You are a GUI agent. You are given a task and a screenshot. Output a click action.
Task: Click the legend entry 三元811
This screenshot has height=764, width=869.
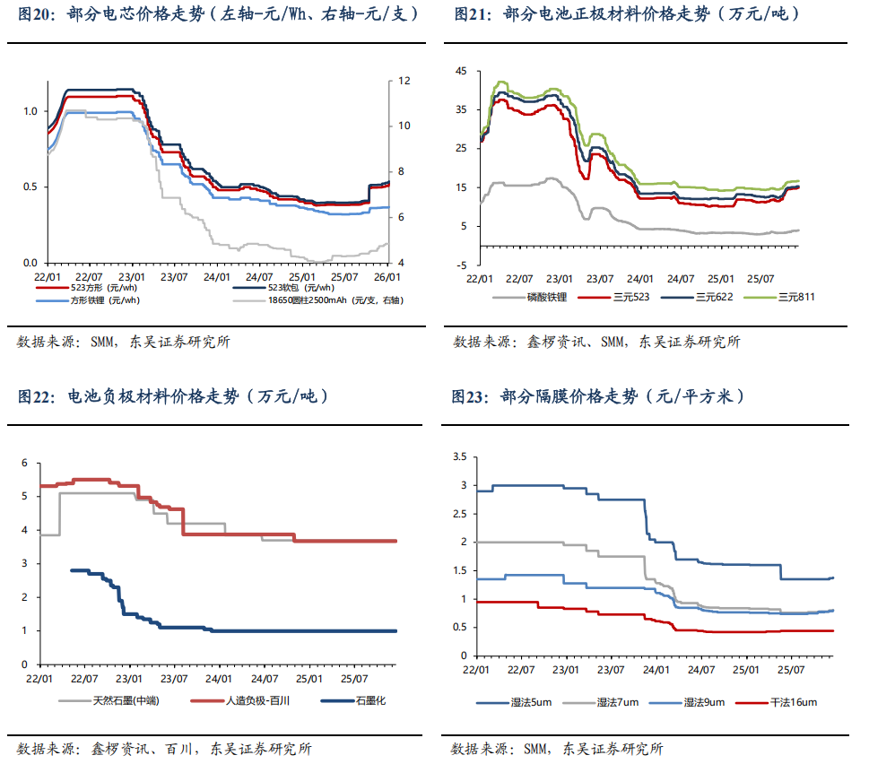click(x=796, y=297)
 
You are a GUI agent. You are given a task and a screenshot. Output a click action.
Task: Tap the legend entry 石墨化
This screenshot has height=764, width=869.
click(x=370, y=700)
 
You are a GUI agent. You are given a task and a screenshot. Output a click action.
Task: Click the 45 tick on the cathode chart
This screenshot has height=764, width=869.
click(x=461, y=71)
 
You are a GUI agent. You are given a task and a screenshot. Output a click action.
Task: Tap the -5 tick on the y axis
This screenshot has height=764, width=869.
click(x=461, y=265)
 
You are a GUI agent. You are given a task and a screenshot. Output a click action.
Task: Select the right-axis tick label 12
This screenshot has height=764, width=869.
click(x=404, y=81)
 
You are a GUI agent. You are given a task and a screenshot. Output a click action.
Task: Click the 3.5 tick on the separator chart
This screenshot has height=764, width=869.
click(x=460, y=457)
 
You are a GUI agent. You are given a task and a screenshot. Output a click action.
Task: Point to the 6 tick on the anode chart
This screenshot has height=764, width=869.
click(x=25, y=463)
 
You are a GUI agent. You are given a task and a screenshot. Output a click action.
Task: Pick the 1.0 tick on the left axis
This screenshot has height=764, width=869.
click(x=30, y=111)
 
